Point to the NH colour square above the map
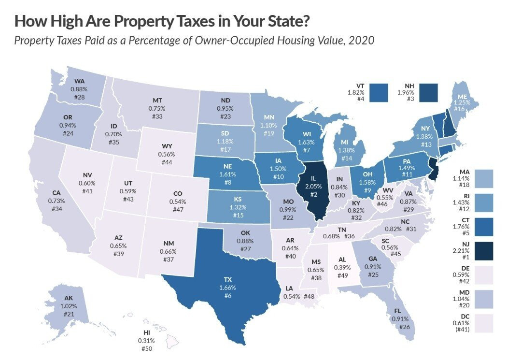click(x=428, y=92)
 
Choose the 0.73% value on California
click(x=57, y=200)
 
